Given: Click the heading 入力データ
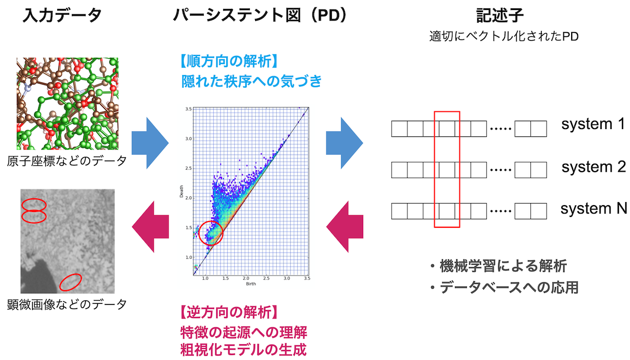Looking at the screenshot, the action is [62, 15].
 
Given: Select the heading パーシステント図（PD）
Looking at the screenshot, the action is [260, 15].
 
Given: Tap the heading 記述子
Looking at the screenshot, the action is [500, 15].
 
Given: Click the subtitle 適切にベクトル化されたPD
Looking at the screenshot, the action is [503, 37].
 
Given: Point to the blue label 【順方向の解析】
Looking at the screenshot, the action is [229, 61].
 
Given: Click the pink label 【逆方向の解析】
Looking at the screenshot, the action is [229, 312].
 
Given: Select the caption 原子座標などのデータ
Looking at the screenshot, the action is [67, 161].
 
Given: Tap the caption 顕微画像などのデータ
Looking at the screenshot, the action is [67, 304].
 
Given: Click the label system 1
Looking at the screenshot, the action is [593, 124].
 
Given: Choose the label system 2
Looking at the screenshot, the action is [593, 167].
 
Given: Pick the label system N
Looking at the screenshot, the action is [593, 208].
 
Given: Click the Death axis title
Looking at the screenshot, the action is [182, 191].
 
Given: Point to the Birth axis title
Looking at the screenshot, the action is [251, 284].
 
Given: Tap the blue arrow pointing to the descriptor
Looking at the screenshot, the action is [344, 143].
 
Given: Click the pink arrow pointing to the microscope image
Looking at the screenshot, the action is [151, 227].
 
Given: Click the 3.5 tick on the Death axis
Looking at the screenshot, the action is [188, 109].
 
